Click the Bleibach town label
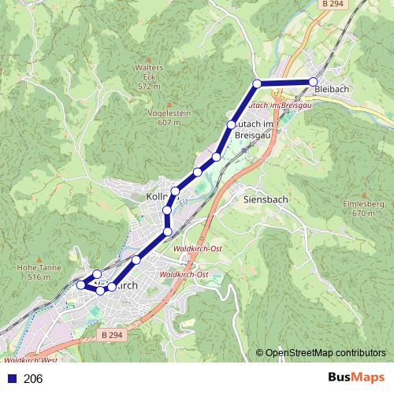pos(330,90)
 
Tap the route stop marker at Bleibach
pos(313,82)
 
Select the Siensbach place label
pos(266,199)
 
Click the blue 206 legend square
pos(12,379)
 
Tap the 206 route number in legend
pos(34,379)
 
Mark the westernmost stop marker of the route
pos(80,284)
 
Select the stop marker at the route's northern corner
pos(257,83)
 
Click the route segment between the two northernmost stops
pos(284,82)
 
